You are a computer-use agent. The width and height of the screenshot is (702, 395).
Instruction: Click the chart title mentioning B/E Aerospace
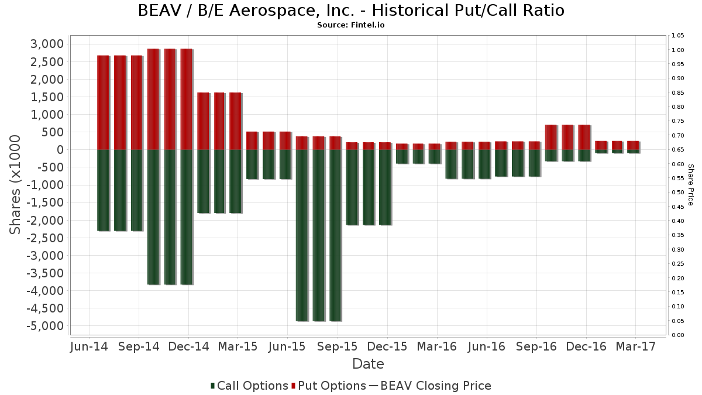pyautogui.click(x=351, y=11)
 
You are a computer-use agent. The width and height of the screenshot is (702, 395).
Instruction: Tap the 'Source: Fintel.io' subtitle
pyautogui.click(x=351, y=25)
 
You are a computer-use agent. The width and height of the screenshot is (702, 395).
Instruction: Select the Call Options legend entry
pyautogui.click(x=249, y=386)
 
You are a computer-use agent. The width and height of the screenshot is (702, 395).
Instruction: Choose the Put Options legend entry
pyautogui.click(x=332, y=386)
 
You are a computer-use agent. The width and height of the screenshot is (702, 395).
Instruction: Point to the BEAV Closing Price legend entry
pyautogui.click(x=429, y=386)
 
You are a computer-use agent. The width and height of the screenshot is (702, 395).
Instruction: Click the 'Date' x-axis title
pyautogui.click(x=368, y=364)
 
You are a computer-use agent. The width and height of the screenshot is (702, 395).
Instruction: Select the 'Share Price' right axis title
pyautogui.click(x=690, y=184)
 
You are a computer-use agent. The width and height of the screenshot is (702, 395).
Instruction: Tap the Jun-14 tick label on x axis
pyautogui.click(x=89, y=346)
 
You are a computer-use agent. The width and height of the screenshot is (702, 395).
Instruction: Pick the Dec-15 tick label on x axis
pyautogui.click(x=387, y=346)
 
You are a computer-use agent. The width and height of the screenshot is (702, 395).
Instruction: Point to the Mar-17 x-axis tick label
pyautogui.click(x=635, y=346)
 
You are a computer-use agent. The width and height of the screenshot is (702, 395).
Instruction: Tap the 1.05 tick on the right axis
pyautogui.click(x=678, y=36)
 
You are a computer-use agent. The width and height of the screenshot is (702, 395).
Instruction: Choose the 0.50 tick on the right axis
pyautogui.click(x=678, y=193)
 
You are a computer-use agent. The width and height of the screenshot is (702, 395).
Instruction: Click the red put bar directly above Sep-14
pyautogui.click(x=136, y=102)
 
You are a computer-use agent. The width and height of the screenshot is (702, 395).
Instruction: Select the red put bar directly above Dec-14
pyautogui.click(x=187, y=99)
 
